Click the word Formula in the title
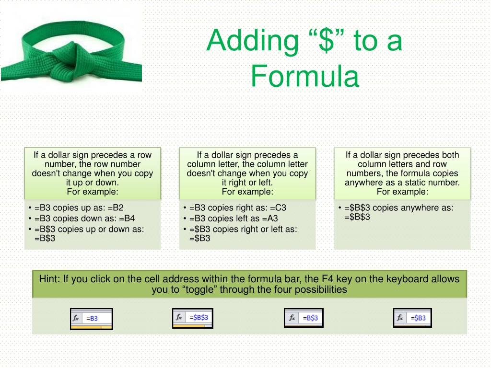click(x=304, y=76)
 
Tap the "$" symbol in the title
click(x=326, y=40)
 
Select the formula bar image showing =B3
click(x=92, y=319)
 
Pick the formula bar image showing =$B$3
click(x=193, y=318)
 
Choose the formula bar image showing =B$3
click(x=304, y=318)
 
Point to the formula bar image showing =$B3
click(x=412, y=318)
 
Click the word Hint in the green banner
click(x=49, y=279)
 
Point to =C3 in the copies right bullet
click(x=278, y=208)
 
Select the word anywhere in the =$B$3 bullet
click(x=419, y=208)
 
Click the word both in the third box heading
click(x=450, y=155)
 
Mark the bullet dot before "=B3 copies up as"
click(x=30, y=207)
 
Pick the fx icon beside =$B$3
click(x=179, y=317)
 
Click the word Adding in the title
click(x=253, y=41)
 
